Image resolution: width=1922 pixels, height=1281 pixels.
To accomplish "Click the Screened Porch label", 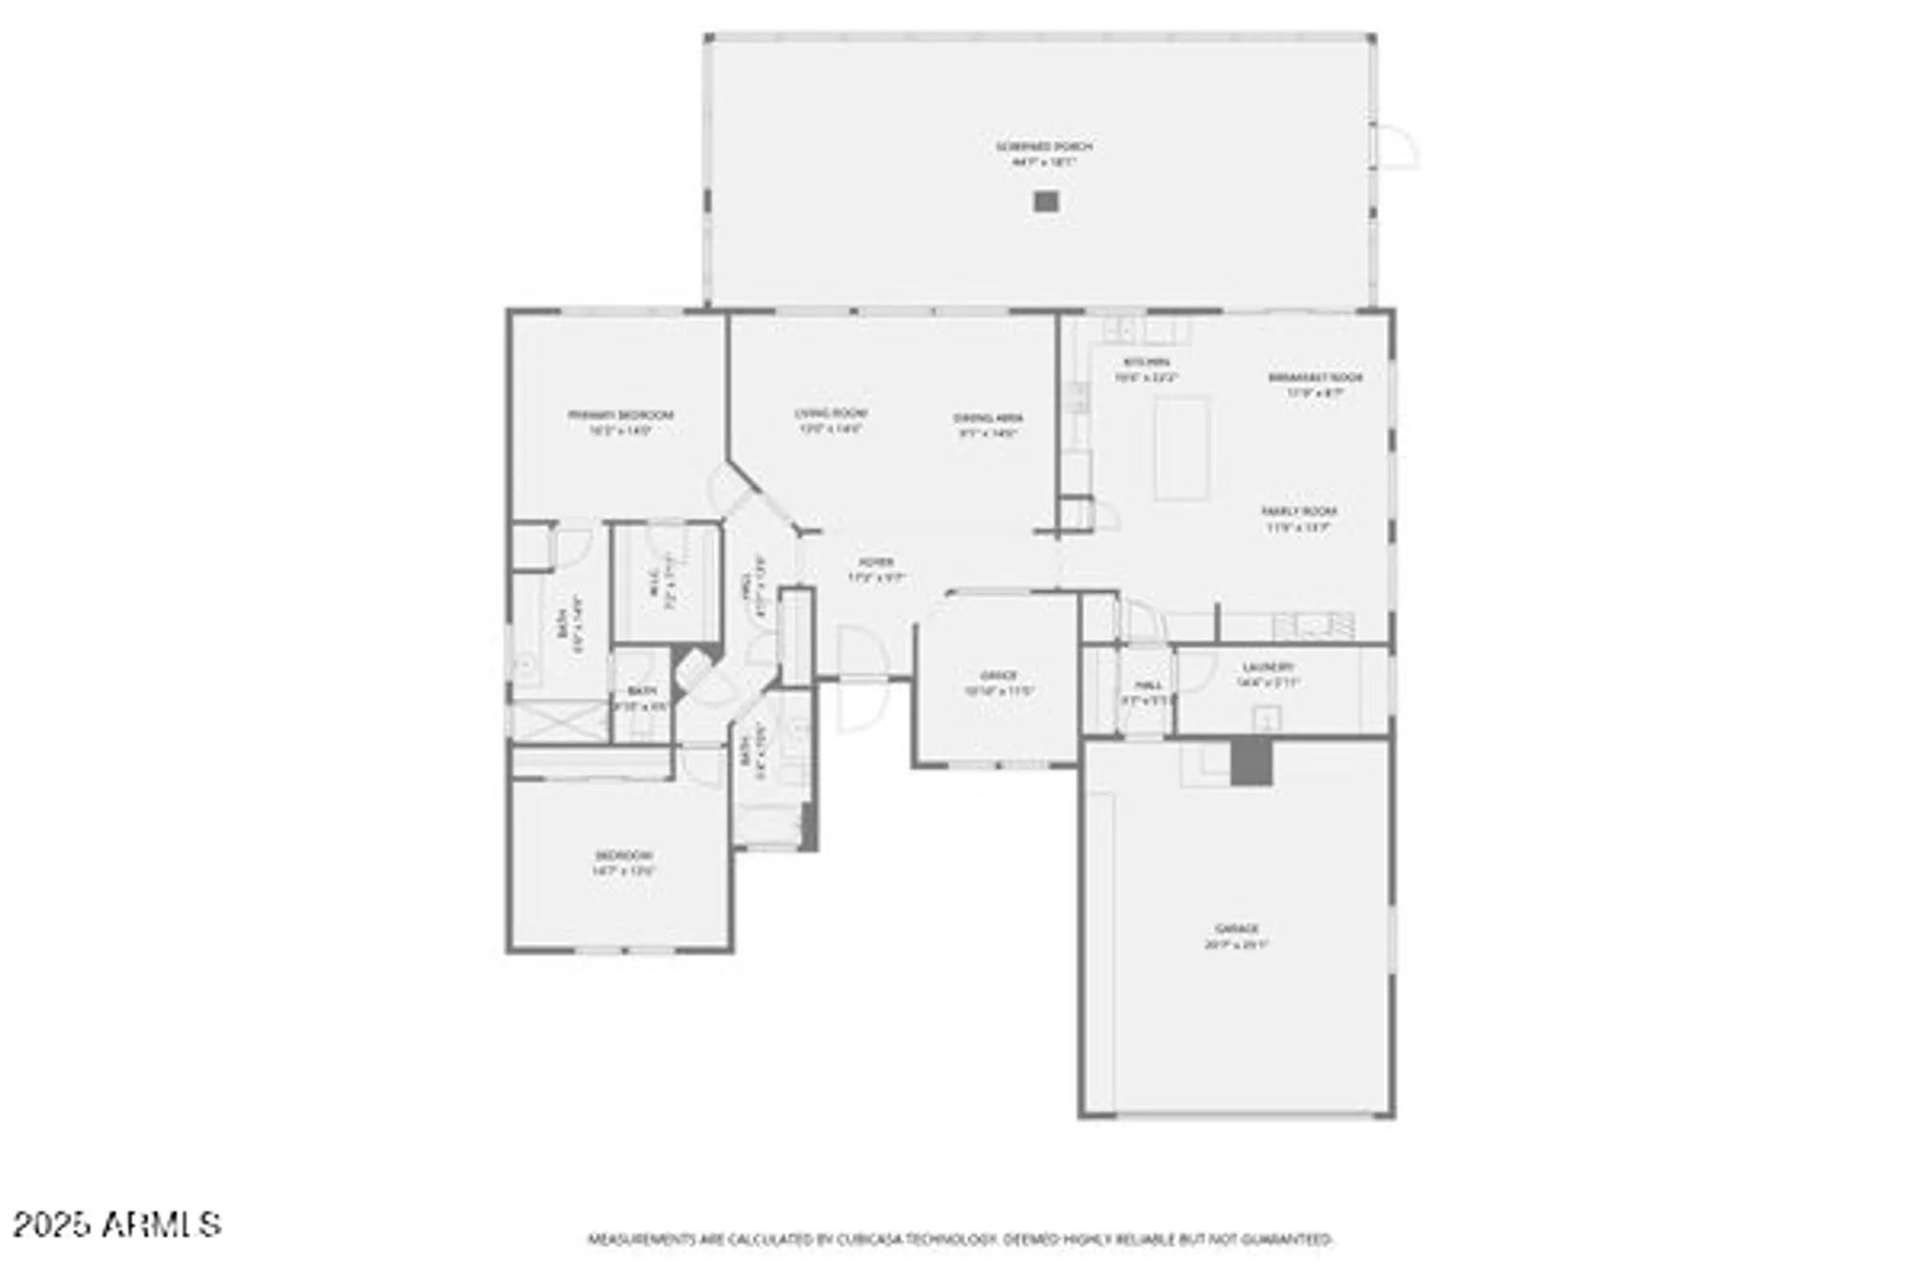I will (x=1043, y=147).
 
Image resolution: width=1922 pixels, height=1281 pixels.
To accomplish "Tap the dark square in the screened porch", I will (x=1046, y=202).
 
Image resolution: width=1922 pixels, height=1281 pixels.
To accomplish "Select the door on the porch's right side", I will (x=1394, y=147).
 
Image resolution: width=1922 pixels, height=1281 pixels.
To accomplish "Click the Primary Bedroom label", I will (x=620, y=415).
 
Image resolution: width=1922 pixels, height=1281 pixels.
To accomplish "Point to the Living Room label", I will (x=830, y=413).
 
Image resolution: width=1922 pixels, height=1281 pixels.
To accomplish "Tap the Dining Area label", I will (x=988, y=418).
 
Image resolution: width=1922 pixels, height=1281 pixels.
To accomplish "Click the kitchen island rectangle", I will (x=1180, y=449).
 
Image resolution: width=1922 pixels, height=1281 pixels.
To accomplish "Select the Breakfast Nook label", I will (x=1315, y=378).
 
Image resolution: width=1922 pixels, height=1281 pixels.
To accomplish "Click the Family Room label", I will (x=1298, y=511).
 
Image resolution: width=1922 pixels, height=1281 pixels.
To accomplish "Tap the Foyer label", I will (x=875, y=562).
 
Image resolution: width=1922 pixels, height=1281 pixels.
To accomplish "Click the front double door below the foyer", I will (x=862, y=678).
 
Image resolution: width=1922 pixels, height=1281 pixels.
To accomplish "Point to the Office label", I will (x=998, y=676).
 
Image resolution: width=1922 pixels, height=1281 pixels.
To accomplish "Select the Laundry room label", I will (x=1268, y=667).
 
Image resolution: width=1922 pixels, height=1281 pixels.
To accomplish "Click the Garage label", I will (x=1236, y=928).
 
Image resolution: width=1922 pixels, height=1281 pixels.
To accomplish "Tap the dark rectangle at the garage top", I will (x=1251, y=761).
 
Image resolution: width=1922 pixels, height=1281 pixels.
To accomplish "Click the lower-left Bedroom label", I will (x=623, y=855).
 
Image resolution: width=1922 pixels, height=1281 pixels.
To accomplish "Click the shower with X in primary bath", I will (x=557, y=721).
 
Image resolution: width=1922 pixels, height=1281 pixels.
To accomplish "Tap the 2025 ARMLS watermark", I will (x=116, y=1224).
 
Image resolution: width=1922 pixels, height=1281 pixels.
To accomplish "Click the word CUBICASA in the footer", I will (x=868, y=1240).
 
